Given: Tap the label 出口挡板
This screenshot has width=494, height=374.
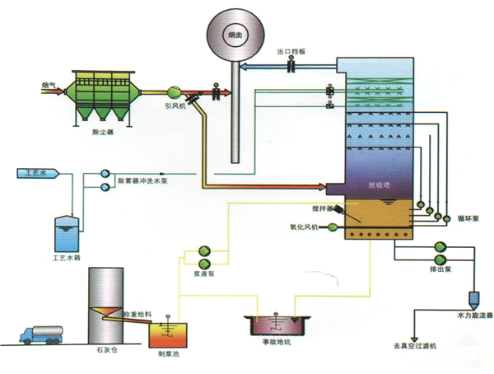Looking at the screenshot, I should [291, 52].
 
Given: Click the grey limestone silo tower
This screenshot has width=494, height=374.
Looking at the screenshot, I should [105, 297].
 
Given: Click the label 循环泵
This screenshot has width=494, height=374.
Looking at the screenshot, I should [468, 220].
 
